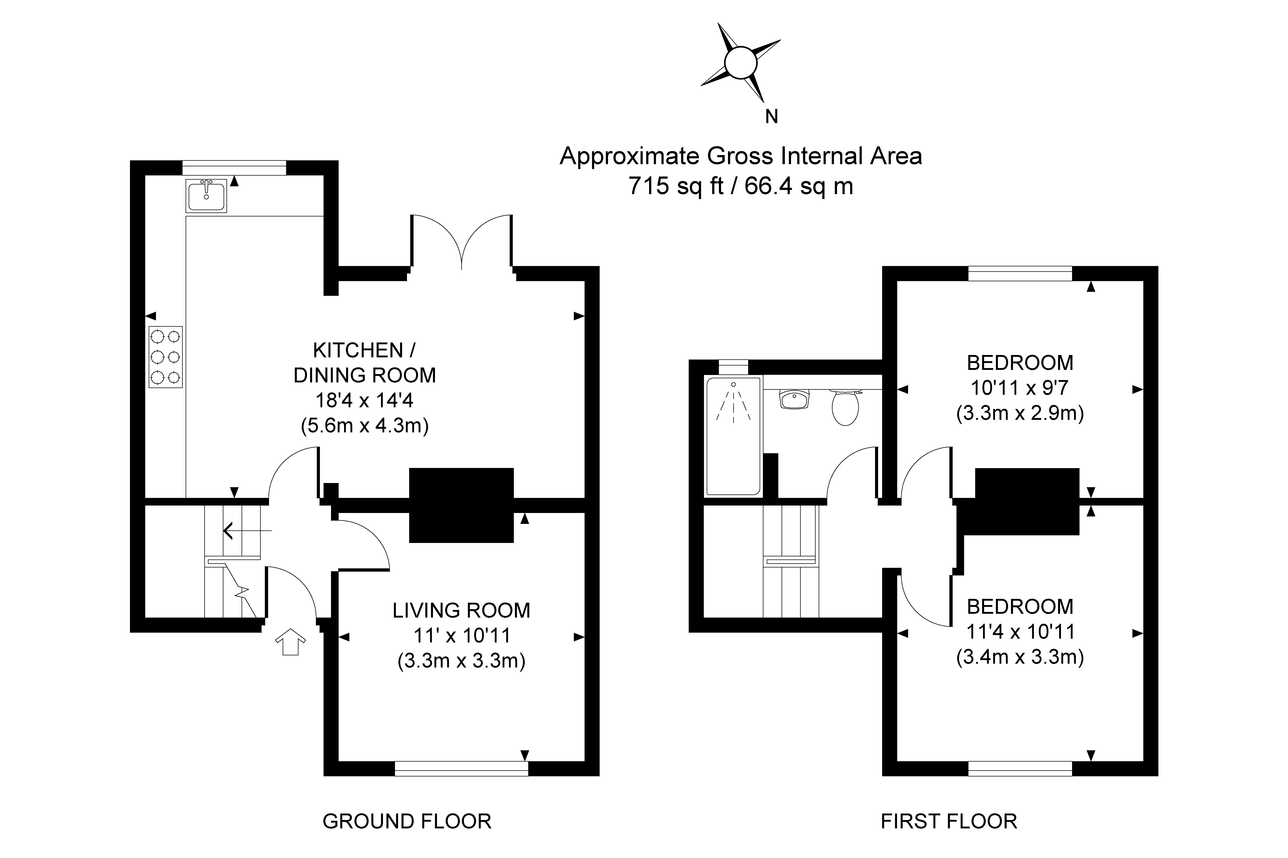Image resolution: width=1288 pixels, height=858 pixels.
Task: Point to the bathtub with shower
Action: click(x=733, y=436)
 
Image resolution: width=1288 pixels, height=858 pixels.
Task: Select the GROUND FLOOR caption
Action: click(x=407, y=821)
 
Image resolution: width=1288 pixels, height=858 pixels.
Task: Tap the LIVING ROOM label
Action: click(x=461, y=610)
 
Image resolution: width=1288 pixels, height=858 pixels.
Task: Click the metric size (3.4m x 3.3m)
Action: click(x=1020, y=657)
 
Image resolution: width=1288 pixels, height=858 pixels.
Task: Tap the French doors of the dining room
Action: click(x=462, y=244)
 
